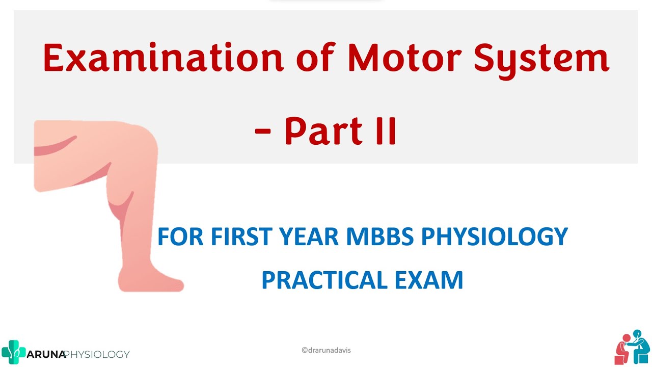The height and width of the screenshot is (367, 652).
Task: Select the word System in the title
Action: pyautogui.click(x=541, y=59)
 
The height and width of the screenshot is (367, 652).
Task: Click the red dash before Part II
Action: pyautogui.click(x=262, y=131)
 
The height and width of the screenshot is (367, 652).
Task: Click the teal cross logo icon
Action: pyautogui.click(x=13, y=352)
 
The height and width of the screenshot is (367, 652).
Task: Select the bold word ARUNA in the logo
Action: pyautogui.click(x=46, y=354)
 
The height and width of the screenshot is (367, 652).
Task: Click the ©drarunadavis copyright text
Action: pyautogui.click(x=326, y=350)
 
